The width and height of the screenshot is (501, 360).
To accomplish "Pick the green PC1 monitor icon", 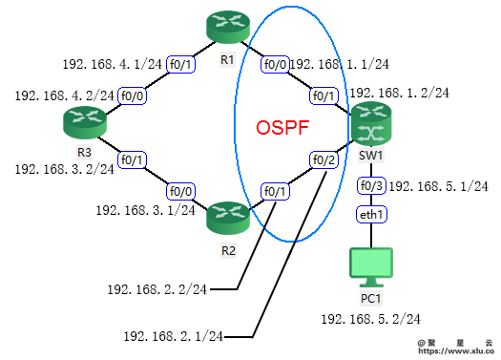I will click(x=370, y=266).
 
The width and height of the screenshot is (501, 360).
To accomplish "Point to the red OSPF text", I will click(x=283, y=128).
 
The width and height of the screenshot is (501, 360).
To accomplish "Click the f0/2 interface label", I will click(x=324, y=159).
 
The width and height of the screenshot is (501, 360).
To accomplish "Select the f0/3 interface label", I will click(x=371, y=184).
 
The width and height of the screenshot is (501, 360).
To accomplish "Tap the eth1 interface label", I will click(x=370, y=215).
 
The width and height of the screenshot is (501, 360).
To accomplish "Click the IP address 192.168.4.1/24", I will click(x=112, y=64).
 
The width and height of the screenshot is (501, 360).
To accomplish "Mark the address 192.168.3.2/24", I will click(x=64, y=169).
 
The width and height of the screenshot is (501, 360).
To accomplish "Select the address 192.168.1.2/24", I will click(x=400, y=93).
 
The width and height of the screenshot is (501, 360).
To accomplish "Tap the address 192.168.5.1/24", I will click(x=440, y=185).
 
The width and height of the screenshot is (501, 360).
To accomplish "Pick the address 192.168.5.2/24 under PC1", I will click(x=370, y=318).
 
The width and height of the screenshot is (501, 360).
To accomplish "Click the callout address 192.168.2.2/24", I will click(x=157, y=287).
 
